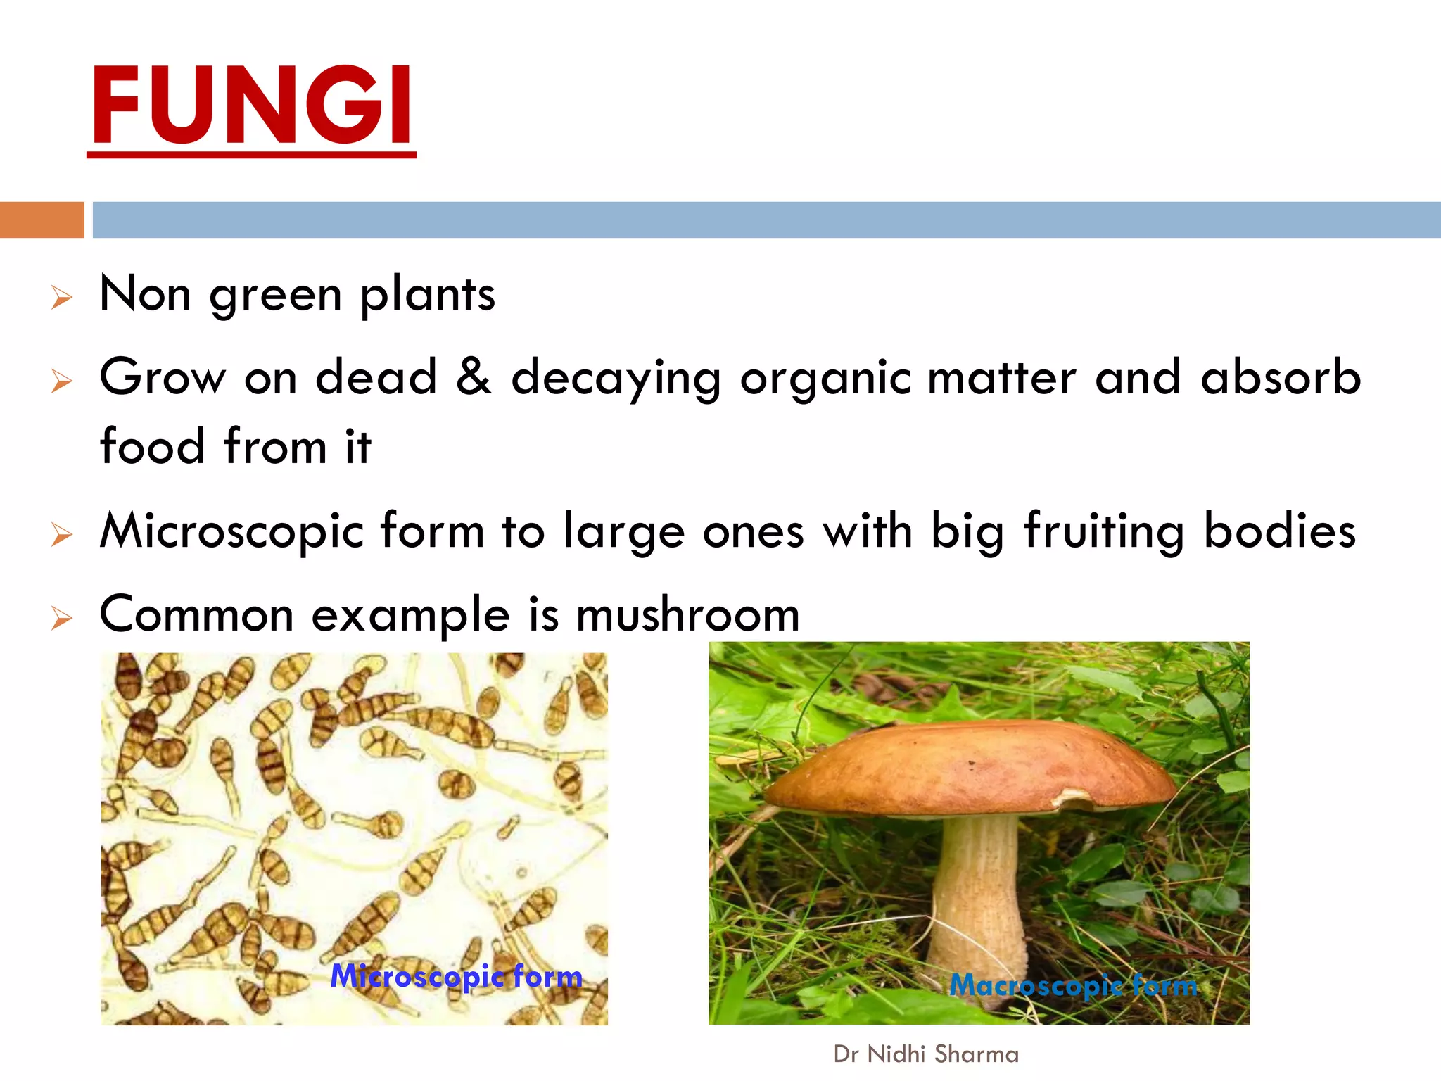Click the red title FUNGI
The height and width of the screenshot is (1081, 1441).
click(252, 106)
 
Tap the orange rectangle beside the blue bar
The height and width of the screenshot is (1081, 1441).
click(42, 220)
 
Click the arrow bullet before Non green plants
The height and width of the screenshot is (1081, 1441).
click(62, 298)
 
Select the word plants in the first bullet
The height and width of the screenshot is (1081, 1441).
click(428, 296)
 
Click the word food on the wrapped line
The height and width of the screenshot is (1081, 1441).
click(153, 446)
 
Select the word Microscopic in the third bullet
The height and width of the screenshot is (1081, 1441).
click(231, 532)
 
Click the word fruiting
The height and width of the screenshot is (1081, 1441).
click(1104, 532)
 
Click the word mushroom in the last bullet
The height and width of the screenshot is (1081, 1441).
click(687, 614)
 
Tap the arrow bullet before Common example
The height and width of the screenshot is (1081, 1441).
click(62, 619)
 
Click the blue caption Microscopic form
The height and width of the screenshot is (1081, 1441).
click(456, 977)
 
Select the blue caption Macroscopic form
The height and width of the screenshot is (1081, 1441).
click(1073, 985)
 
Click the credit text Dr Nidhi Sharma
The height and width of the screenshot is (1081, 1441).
click(926, 1054)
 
